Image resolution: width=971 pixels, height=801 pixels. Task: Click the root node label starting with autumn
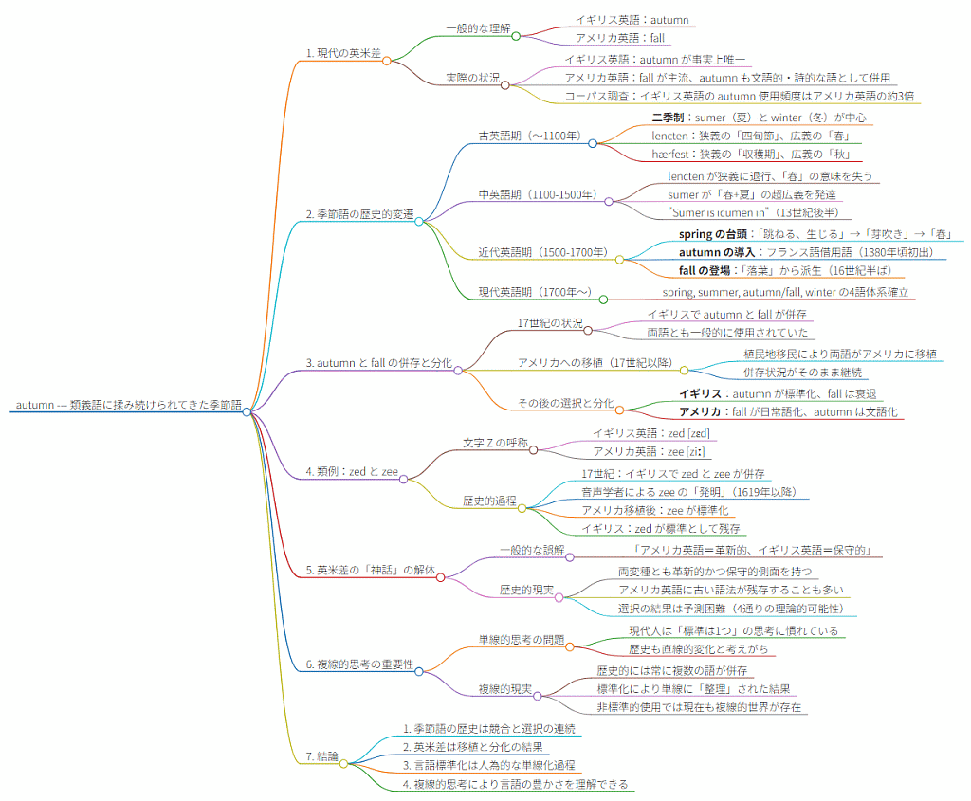pyautogui.click(x=126, y=406)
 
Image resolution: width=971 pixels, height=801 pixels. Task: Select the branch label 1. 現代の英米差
pyautogui.click(x=343, y=53)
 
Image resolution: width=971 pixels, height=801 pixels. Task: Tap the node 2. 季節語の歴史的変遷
pyautogui.click(x=360, y=215)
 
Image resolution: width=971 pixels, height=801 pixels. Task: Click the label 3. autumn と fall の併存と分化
pyautogui.click(x=379, y=363)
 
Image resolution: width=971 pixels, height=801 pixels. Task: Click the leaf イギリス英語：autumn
pyautogui.click(x=632, y=19)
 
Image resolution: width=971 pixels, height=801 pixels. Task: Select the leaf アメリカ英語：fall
pyautogui.click(x=620, y=38)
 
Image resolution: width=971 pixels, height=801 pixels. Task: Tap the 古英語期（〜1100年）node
pyautogui.click(x=529, y=136)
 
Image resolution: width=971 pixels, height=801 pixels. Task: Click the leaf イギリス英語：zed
pyautogui.click(x=650, y=432)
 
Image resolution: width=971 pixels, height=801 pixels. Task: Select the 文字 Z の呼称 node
pyautogui.click(x=495, y=443)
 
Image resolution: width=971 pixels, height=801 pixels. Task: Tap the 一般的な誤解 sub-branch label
pyautogui.click(x=532, y=550)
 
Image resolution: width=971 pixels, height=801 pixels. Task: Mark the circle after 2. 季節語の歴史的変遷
pyautogui.click(x=419, y=222)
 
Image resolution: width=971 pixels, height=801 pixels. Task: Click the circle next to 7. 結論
pyautogui.click(x=344, y=762)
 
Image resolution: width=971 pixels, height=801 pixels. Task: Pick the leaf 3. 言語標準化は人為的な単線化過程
pyautogui.click(x=488, y=764)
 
